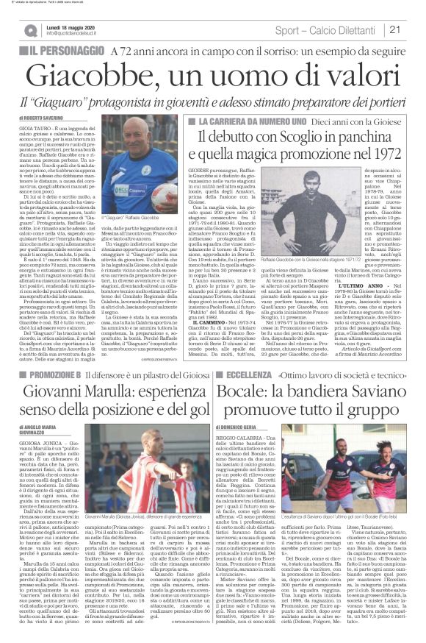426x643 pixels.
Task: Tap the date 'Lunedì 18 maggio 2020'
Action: tap(72, 26)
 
